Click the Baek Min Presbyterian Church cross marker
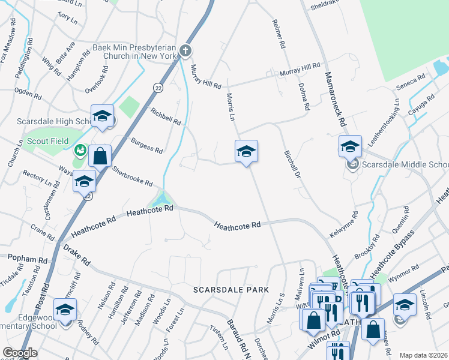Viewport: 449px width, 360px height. pos(186,52)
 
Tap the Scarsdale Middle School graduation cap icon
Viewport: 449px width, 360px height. pos(350,146)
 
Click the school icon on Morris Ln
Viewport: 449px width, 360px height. pos(246,151)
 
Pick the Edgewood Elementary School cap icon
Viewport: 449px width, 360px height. pos(65,310)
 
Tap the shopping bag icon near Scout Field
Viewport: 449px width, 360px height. pos(100,156)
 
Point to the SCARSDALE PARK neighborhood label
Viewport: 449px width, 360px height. pos(231,290)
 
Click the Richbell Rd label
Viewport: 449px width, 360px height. pos(166,116)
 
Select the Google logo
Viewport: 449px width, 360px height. pos(20,353)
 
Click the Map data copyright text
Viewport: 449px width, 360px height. pos(424,355)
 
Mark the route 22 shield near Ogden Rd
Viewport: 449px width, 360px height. pos(157,87)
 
